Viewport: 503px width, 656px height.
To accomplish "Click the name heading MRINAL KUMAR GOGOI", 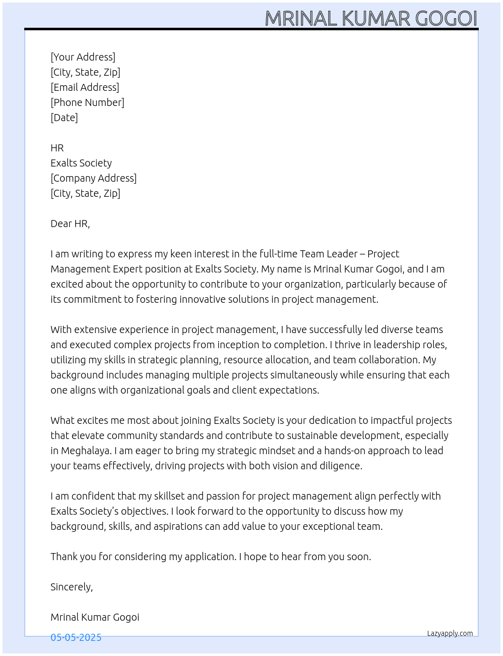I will (x=371, y=19).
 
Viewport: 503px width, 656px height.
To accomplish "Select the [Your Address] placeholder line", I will (x=83, y=57).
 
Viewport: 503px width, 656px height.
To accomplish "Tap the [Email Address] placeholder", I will (x=85, y=87).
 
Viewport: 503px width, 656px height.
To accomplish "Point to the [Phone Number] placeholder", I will (x=87, y=102).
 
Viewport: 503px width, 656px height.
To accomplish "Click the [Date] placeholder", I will (x=64, y=118).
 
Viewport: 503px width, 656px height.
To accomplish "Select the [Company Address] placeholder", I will (x=93, y=178).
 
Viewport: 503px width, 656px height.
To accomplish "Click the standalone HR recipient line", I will (x=57, y=148).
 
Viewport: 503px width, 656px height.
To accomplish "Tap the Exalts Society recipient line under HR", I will (x=81, y=163).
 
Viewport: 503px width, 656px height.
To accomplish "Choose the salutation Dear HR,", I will (x=70, y=224).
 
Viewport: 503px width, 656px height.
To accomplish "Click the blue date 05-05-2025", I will (x=76, y=637).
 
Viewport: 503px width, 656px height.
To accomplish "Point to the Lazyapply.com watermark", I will (x=450, y=633).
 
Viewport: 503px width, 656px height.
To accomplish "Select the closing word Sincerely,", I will (x=72, y=587).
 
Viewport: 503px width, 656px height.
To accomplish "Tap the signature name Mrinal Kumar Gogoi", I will (x=95, y=617).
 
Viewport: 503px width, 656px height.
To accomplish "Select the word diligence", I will (x=340, y=466).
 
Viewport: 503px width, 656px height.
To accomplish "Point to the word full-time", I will (x=278, y=254).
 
